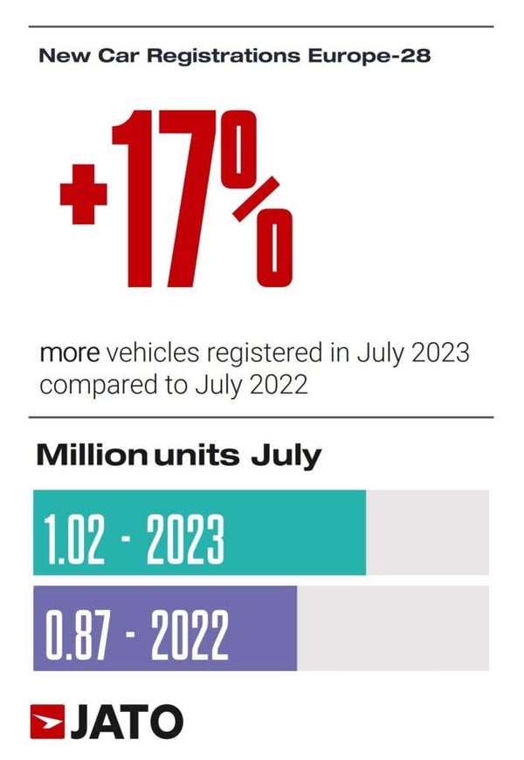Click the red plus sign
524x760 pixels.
pos(83,193)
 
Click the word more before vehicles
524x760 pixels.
pos(71,355)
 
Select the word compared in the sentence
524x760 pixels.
pos(93,385)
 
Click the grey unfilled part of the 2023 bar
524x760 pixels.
pos(427,533)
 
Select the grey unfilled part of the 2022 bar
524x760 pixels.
pos(393,628)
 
